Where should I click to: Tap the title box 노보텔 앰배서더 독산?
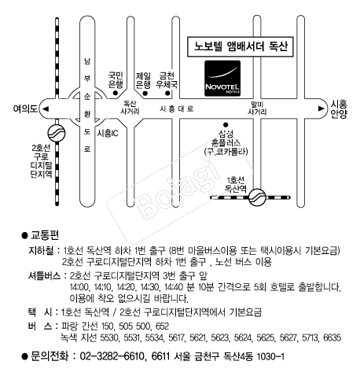pyautogui.click(x=241, y=46)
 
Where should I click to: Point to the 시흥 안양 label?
pyautogui.click(x=339, y=109)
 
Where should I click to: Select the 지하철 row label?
pyautogui.click(x=42, y=249)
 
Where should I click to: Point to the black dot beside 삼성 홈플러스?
pyautogui.click(x=225, y=124)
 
